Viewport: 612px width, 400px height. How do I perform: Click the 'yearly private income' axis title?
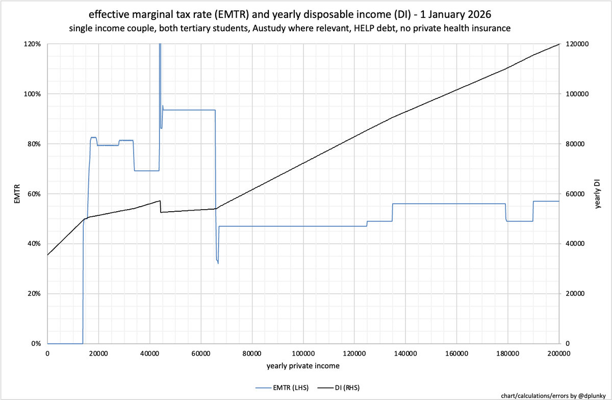[x=303, y=366]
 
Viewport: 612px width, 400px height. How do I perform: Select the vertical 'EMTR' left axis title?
[x=18, y=194]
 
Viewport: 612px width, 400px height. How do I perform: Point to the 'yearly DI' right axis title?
[x=597, y=194]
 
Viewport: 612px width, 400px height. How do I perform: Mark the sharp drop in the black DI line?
[x=161, y=207]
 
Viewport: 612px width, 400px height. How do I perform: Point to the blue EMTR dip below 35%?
[x=217, y=261]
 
